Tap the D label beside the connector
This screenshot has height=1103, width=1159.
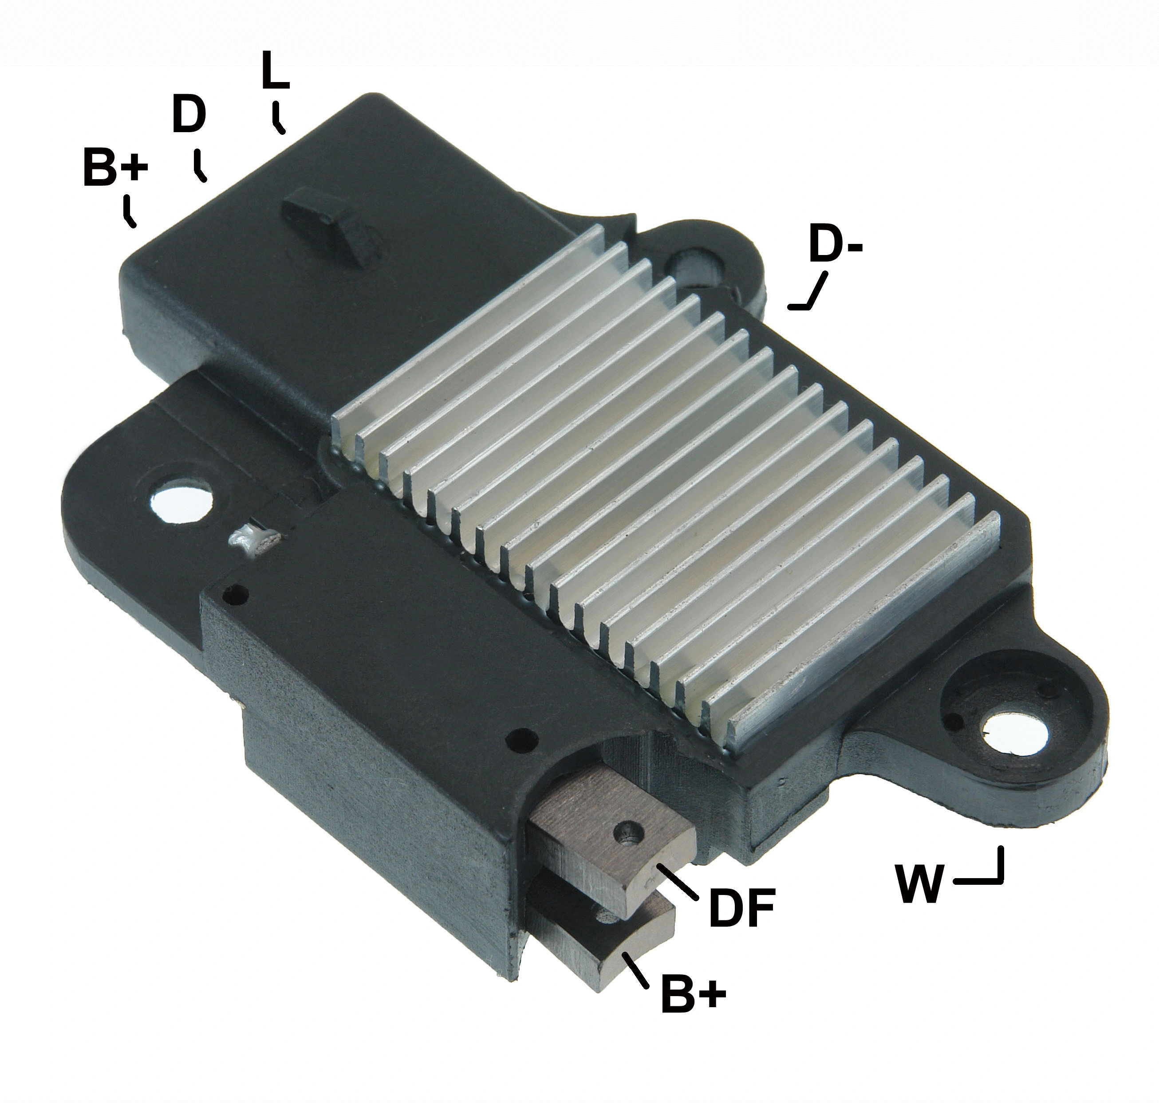(189, 115)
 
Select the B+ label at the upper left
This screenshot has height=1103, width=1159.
(115, 169)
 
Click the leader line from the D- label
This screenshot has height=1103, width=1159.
(812, 294)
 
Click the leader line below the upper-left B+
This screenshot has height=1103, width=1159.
(130, 213)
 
